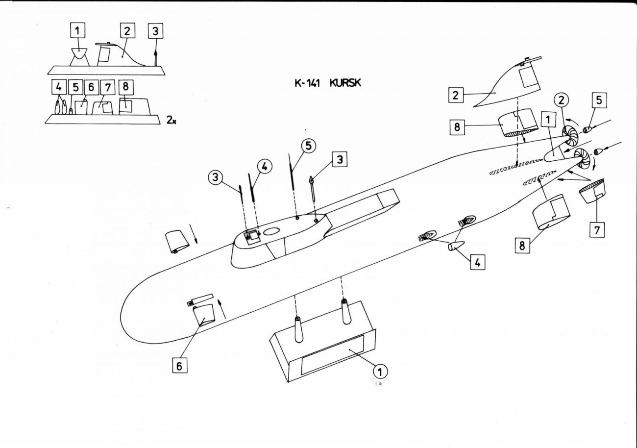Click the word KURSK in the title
[345, 83]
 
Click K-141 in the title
[307, 83]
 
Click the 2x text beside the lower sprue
[171, 119]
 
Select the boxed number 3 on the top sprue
[155, 31]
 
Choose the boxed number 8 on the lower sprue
[125, 87]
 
